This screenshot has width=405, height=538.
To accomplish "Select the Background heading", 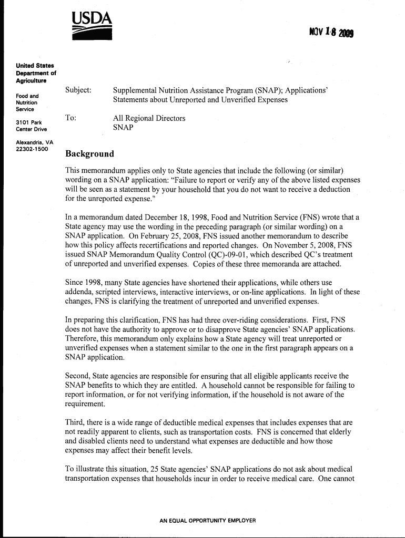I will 89,154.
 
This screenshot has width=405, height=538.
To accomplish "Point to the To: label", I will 70,118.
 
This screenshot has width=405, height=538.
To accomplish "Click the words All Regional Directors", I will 149,118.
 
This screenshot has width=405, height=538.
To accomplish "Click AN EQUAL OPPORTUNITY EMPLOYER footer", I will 207,521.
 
